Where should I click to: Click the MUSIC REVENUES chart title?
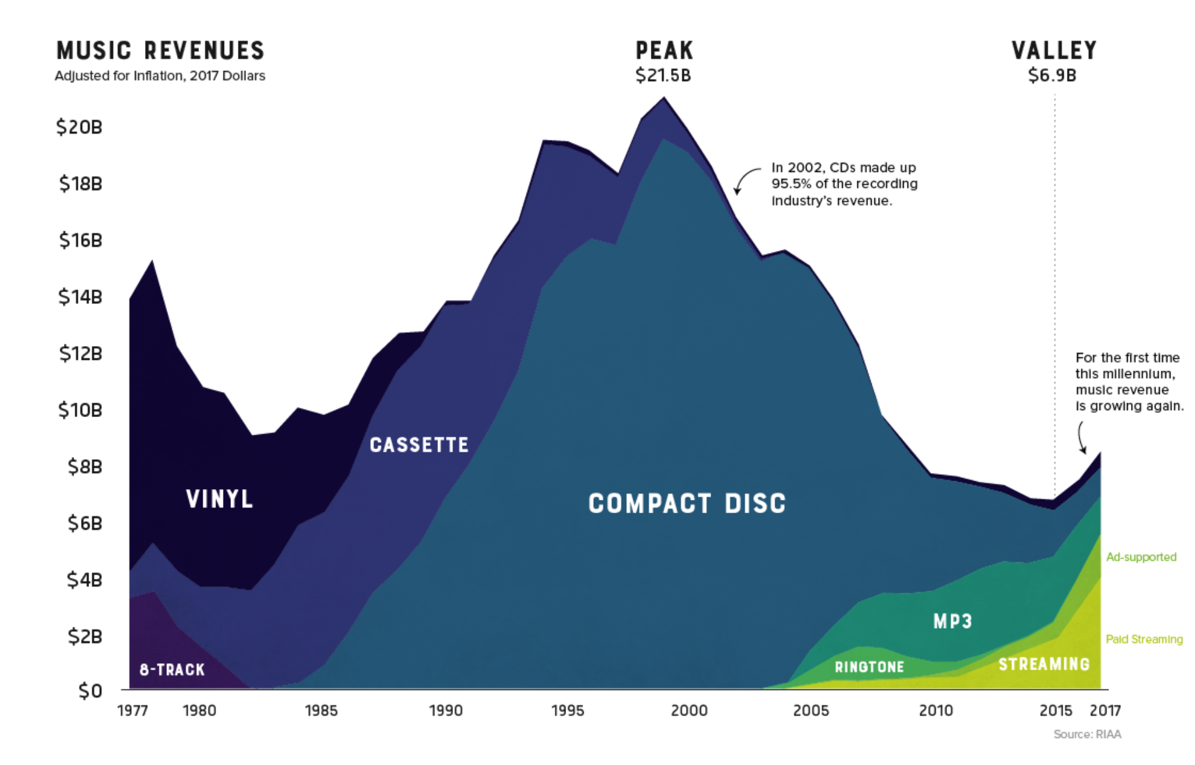tap(161, 50)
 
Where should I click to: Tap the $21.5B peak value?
tap(663, 75)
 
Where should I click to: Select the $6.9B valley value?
tap(1053, 75)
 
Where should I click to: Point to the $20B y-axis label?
tap(79, 127)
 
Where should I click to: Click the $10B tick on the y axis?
tap(80, 410)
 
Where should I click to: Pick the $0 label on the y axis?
tap(90, 691)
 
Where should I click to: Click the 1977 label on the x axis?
tap(132, 710)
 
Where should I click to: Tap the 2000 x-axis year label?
tap(689, 710)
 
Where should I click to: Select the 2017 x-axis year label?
tap(1105, 710)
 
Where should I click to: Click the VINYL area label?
tap(220, 499)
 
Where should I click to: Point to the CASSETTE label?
tap(419, 445)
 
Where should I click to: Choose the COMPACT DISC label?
tap(687, 503)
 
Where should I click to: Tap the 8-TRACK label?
tap(172, 670)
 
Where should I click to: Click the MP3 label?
tap(953, 621)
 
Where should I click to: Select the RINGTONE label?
tap(869, 667)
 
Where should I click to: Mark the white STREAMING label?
tap(1044, 664)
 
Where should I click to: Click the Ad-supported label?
tap(1141, 557)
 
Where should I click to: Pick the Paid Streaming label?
tap(1144, 639)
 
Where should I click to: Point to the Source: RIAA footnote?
tap(1087, 734)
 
